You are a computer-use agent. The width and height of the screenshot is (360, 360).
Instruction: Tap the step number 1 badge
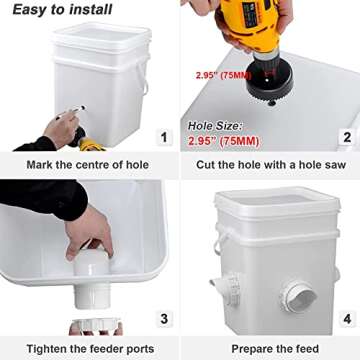[164, 137]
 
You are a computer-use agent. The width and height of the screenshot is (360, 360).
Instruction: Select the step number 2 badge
[346, 137]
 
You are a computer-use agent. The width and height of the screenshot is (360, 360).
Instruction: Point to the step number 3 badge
[164, 319]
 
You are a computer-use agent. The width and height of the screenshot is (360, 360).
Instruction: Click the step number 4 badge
[346, 319]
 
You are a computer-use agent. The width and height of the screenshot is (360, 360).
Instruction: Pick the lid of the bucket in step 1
[101, 34]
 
